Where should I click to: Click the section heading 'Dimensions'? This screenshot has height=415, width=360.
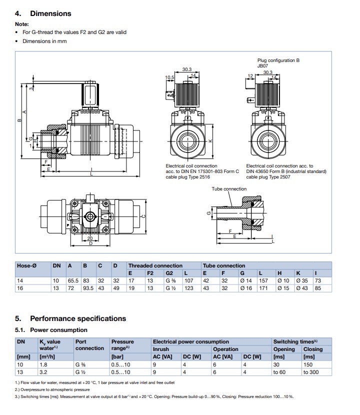(50, 13)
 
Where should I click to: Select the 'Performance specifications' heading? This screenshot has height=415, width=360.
(78, 318)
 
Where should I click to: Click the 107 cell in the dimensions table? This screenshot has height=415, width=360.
(188, 280)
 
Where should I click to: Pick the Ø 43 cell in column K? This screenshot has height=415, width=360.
(302, 288)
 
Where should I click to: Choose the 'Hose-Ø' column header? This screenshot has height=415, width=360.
(26, 265)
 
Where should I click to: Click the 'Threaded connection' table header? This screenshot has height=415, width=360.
(155, 265)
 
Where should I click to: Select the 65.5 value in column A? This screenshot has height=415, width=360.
(73, 280)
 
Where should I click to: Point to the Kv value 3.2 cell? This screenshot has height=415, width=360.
(43, 372)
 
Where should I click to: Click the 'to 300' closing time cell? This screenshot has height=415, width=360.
(311, 372)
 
